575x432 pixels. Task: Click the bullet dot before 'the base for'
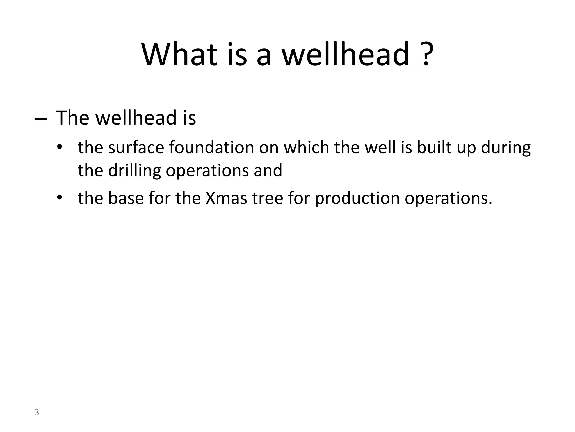point(59,198)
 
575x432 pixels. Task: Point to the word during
point(506,148)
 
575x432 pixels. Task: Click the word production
point(357,198)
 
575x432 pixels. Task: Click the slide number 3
point(36,412)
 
